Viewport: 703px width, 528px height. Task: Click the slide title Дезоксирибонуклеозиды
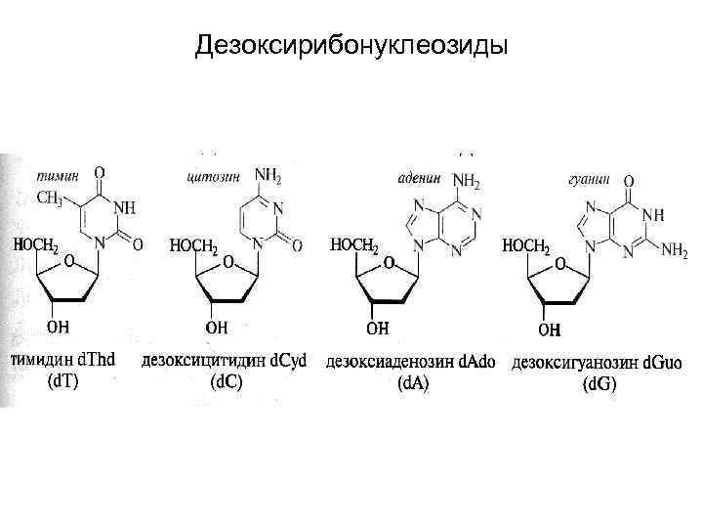351,45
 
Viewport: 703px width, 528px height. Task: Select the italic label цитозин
210,177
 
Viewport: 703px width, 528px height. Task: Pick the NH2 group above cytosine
269,176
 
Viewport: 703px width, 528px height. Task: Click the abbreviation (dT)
63,382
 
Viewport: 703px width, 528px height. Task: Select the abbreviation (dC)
226,382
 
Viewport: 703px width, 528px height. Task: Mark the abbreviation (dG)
599,385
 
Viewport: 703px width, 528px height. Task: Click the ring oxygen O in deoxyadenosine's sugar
389,264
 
